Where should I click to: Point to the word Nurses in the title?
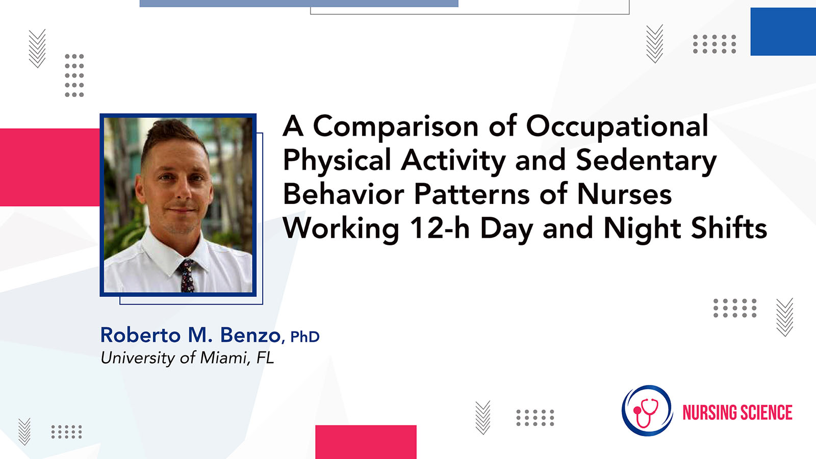pos(624,194)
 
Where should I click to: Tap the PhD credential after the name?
pos(305,337)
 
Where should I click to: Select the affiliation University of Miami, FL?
pos(187,358)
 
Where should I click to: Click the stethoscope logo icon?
pos(647,411)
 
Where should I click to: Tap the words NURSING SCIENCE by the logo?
pos(737,413)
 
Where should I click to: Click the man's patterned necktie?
pos(187,275)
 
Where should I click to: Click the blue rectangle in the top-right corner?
pos(783,31)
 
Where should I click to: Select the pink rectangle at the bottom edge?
pos(366,442)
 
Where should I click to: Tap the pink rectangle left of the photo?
pos(50,167)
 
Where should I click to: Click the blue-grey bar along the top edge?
pos(299,3)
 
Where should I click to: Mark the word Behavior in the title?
pos(343,194)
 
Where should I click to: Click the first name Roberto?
pos(140,335)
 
